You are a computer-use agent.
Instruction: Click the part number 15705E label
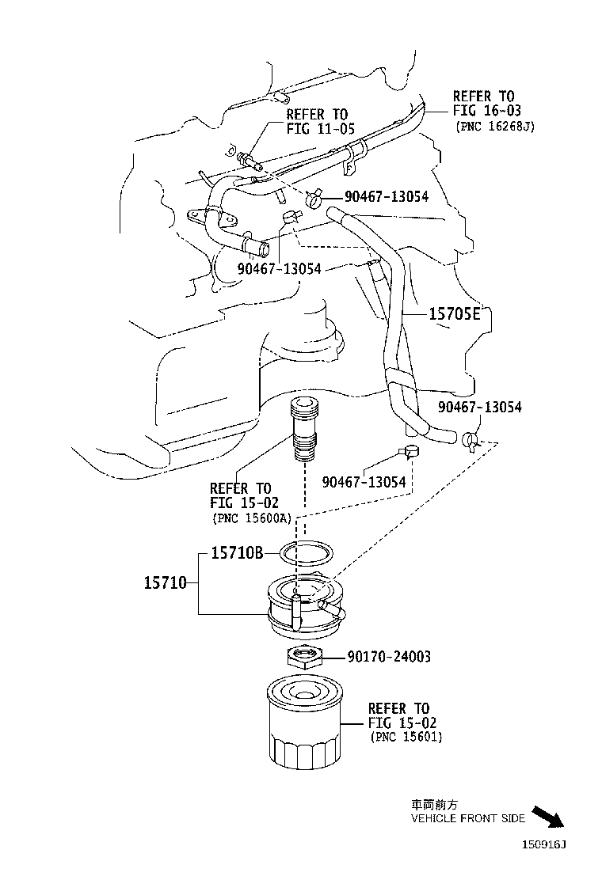(455, 314)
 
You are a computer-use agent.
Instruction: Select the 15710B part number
(237, 553)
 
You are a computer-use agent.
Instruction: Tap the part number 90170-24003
(389, 657)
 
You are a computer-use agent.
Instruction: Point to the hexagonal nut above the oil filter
(303, 656)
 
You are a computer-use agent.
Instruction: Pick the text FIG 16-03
(487, 111)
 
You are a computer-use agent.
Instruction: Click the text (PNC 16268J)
(495, 126)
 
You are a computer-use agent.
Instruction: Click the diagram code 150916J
(544, 844)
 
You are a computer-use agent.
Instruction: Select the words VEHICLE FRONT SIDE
(467, 819)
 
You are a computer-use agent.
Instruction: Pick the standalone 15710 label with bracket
(165, 583)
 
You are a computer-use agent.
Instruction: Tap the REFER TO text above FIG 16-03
(483, 96)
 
